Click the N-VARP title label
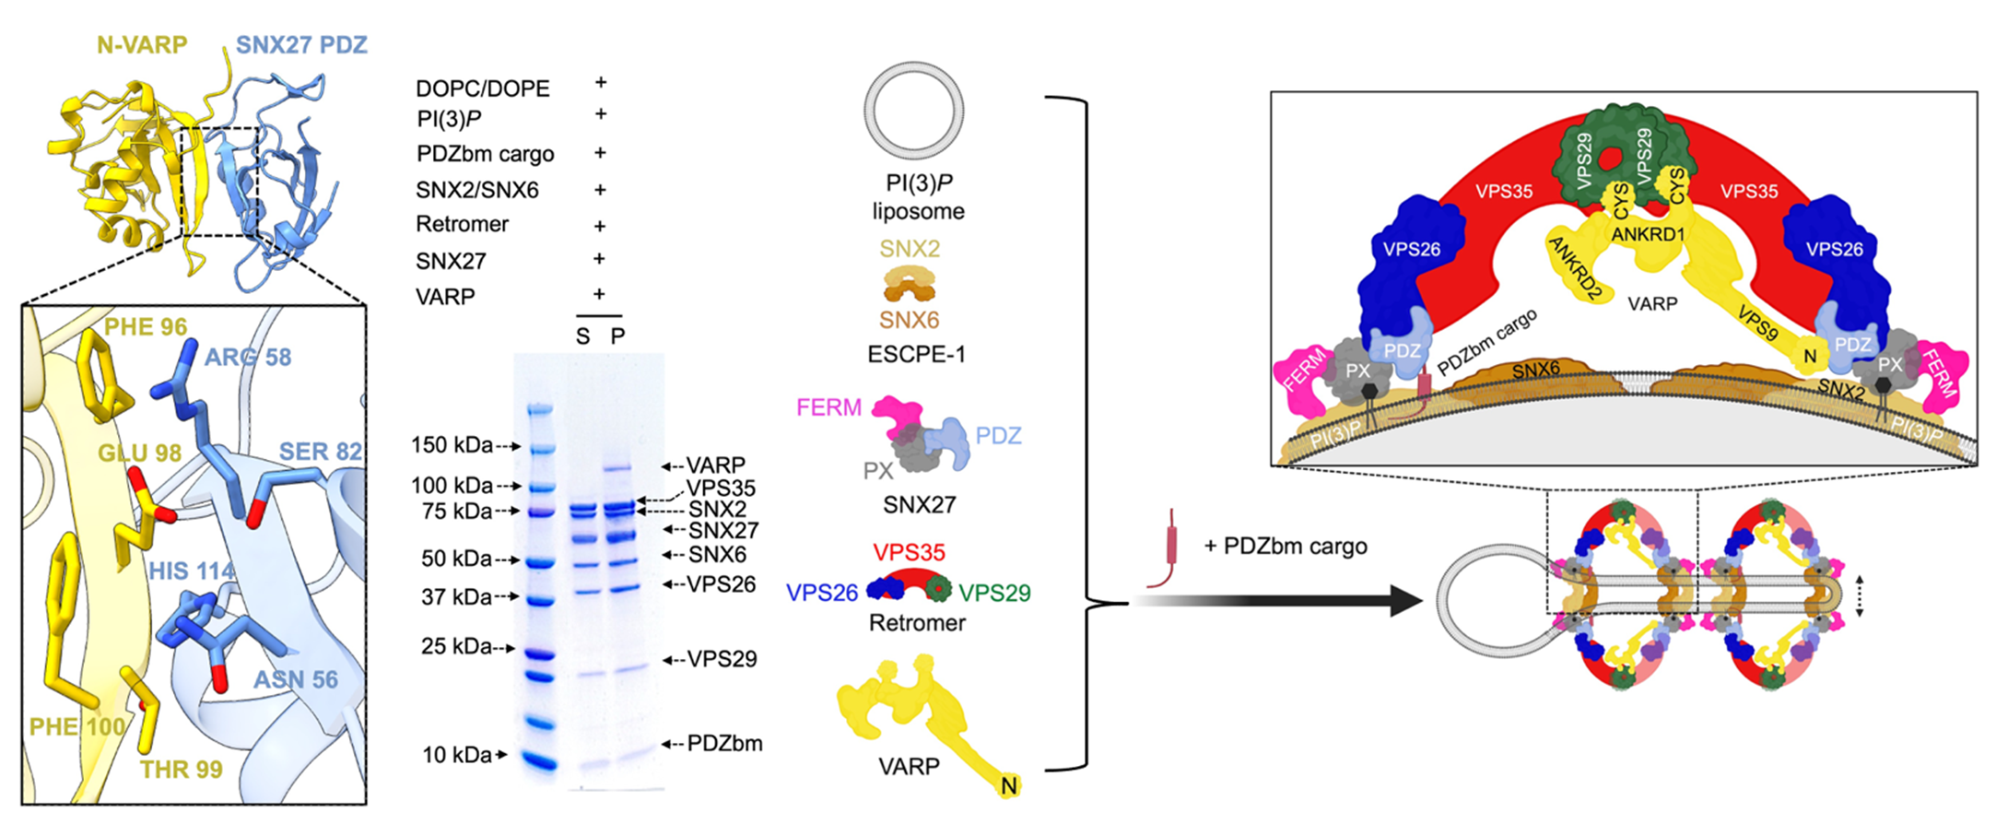coord(142,44)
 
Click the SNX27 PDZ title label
coord(301,44)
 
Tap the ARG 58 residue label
coord(247,357)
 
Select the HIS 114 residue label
coord(192,571)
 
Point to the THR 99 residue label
coord(182,769)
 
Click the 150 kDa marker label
coord(452,445)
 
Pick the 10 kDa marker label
coord(457,755)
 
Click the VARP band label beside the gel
coord(716,465)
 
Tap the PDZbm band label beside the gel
coord(725,743)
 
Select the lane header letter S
coord(582,336)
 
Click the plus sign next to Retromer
coord(600,226)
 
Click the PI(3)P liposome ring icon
coord(913,112)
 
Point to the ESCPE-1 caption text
coord(916,355)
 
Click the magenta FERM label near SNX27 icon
coord(828,407)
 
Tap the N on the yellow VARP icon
coord(1009,786)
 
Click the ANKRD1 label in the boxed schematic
coord(1647,234)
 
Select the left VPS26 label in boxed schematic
coord(1411,249)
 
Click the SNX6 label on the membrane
coord(1536,370)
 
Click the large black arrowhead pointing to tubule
coord(1406,602)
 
